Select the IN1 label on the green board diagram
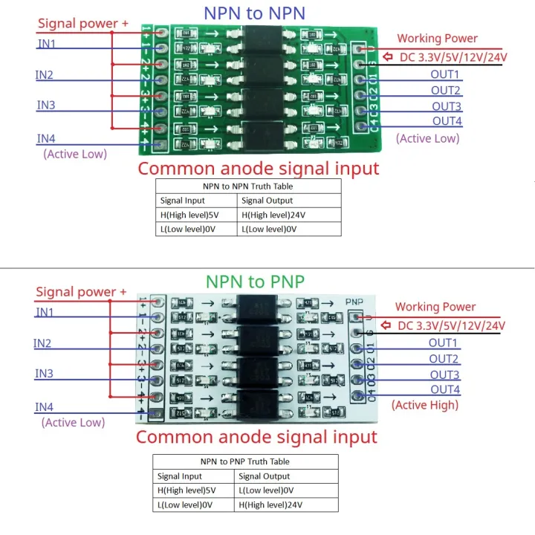[x=46, y=44]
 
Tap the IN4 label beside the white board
[x=44, y=406]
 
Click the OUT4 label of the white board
[x=444, y=389]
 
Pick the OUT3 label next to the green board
[x=447, y=106]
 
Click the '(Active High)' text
[x=425, y=405]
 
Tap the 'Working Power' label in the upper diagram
[x=437, y=38]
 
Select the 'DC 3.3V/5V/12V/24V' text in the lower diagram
[x=450, y=325]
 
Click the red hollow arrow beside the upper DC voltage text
[x=387, y=56]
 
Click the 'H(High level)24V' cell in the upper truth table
[x=273, y=215]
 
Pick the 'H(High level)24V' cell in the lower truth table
[x=271, y=505]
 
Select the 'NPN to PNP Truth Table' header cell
[x=244, y=461]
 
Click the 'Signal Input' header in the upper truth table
[x=183, y=200]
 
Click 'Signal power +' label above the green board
[x=82, y=23]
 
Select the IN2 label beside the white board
[x=42, y=343]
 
